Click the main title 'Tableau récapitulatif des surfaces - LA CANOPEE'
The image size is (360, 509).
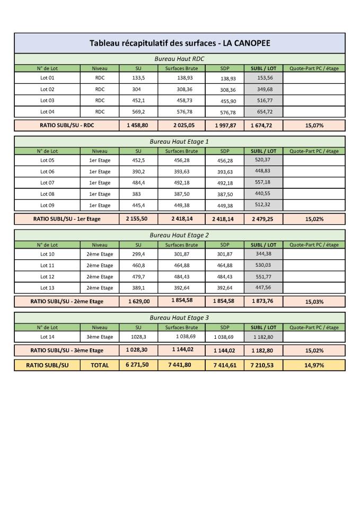pos(180,43)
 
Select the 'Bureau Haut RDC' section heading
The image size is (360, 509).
pos(180,59)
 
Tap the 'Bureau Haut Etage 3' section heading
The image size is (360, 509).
pos(180,318)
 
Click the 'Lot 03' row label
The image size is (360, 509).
pos(48,100)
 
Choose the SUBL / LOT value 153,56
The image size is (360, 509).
pos(264,77)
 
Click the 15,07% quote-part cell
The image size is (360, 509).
pos(314,126)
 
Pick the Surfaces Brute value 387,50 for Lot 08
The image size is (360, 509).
pos(181,194)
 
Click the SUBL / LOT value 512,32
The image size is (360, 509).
pos(264,205)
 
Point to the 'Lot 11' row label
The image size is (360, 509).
pos(48,266)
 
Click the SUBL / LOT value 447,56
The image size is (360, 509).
pos(264,288)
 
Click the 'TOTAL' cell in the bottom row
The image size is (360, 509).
pos(100,365)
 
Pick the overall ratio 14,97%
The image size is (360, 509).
pos(314,365)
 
